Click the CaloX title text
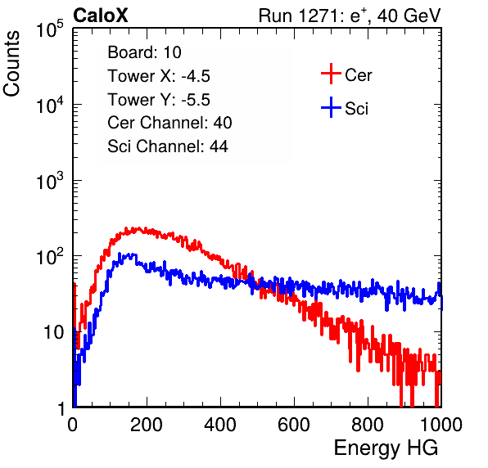click(x=101, y=16)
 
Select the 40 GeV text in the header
click(x=409, y=16)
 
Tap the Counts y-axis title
click(x=11, y=64)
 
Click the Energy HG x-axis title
click(x=386, y=448)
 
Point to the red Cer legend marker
click(x=331, y=74)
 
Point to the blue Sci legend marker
click(x=331, y=108)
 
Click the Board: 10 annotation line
click(x=144, y=52)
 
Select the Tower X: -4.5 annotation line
click(x=159, y=76)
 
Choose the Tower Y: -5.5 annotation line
click(x=159, y=100)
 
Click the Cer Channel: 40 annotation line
click(x=169, y=123)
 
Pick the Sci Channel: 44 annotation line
click(x=168, y=146)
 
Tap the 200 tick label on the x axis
click(x=147, y=425)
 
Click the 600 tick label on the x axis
click(x=294, y=425)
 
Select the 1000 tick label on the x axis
click(x=441, y=425)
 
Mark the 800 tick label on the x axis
click(x=368, y=425)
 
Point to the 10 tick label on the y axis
click(x=53, y=332)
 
